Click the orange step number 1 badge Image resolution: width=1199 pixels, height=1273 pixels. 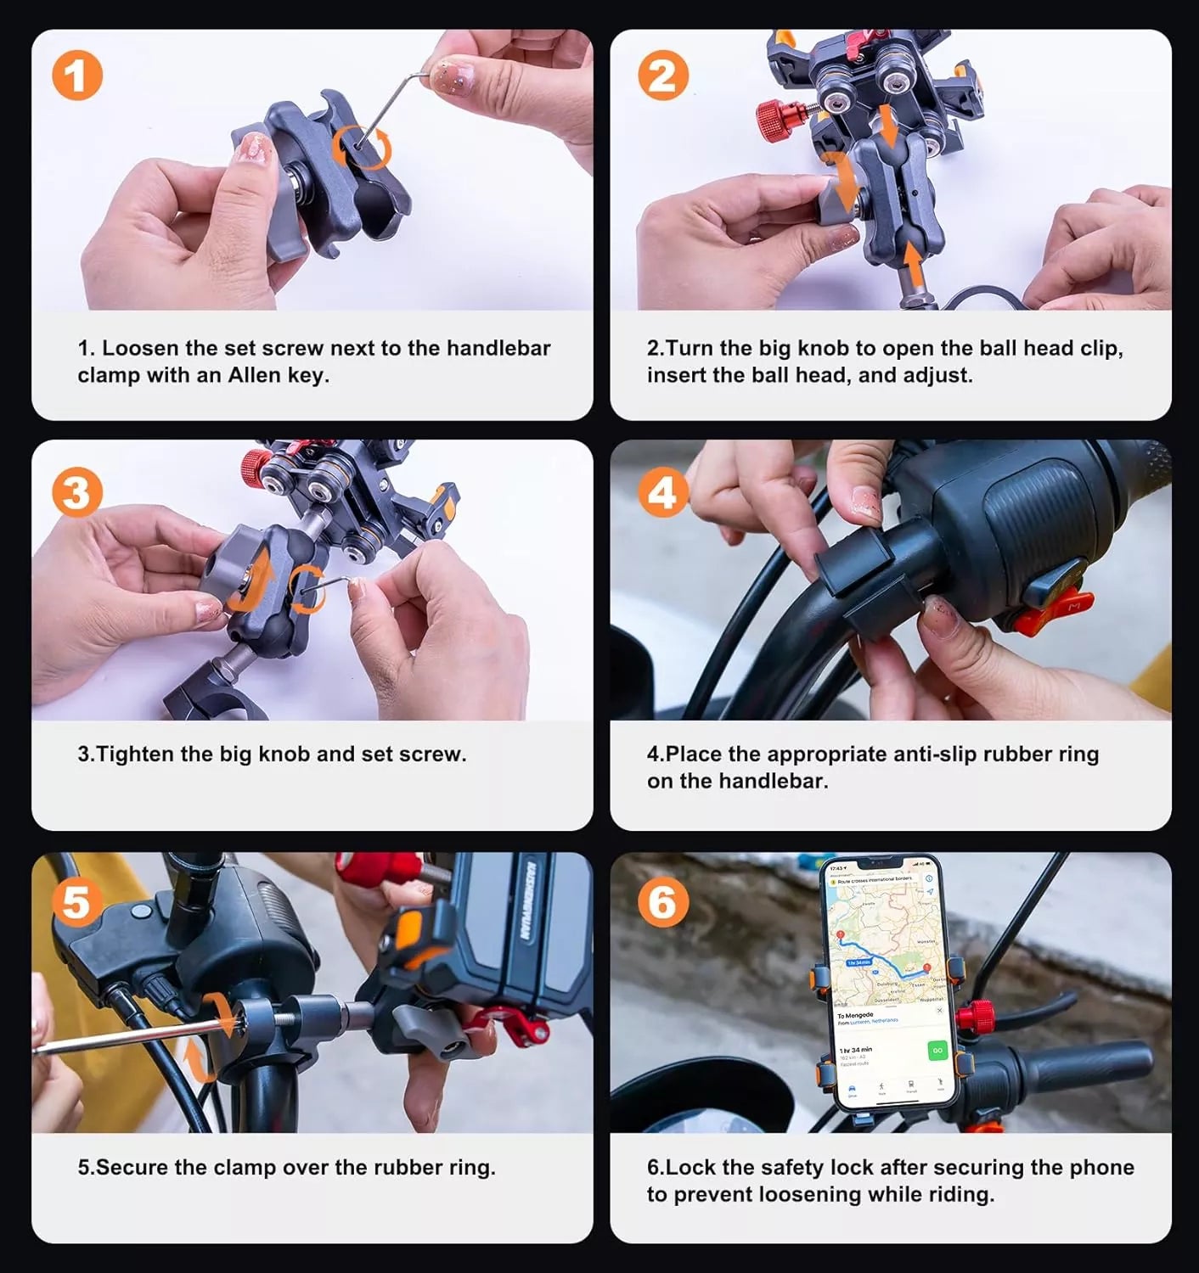point(77,76)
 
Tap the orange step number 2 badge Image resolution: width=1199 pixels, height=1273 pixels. point(662,76)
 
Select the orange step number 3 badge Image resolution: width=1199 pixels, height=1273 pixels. point(77,492)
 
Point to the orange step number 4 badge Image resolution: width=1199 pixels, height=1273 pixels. point(662,492)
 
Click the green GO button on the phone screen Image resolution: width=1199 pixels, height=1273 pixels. point(937,1051)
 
